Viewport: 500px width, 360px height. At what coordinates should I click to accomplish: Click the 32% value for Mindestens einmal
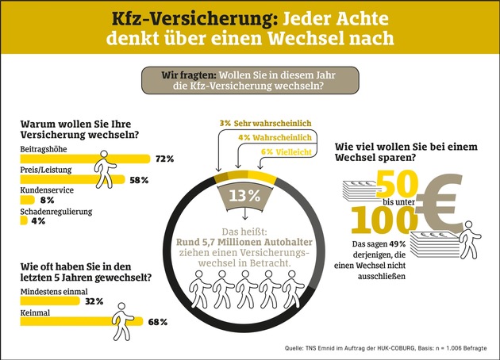[94, 301]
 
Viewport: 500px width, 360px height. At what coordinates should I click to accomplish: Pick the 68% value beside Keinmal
[157, 322]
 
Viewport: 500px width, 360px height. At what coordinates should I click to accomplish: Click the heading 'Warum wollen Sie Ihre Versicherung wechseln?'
[77, 132]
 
